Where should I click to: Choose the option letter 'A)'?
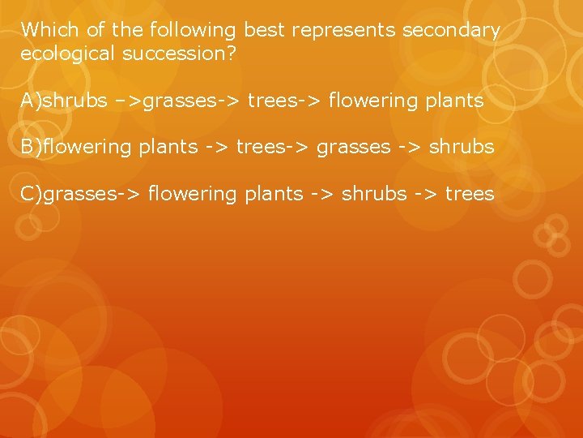[32, 101]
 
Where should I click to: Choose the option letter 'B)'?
[32, 148]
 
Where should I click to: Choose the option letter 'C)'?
[32, 194]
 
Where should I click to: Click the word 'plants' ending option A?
[455, 101]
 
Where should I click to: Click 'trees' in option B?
[258, 148]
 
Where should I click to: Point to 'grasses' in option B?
[353, 148]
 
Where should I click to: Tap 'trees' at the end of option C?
[471, 194]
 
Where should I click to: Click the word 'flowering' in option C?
[186, 194]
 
